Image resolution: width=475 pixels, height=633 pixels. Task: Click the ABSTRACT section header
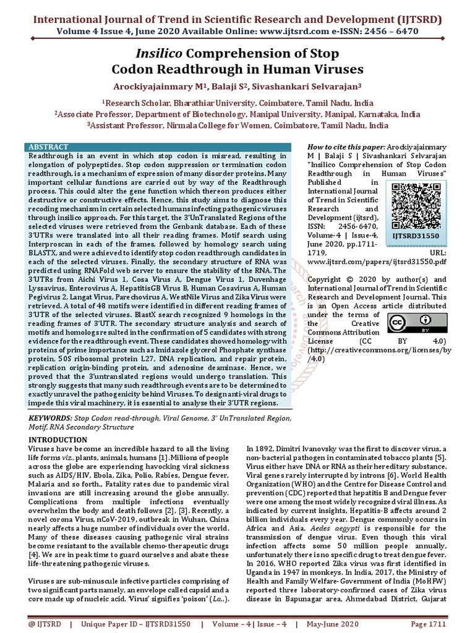tap(49, 147)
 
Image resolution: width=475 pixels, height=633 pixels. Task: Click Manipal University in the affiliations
tap(317, 114)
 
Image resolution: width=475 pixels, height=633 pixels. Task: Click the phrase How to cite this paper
tap(346, 147)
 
